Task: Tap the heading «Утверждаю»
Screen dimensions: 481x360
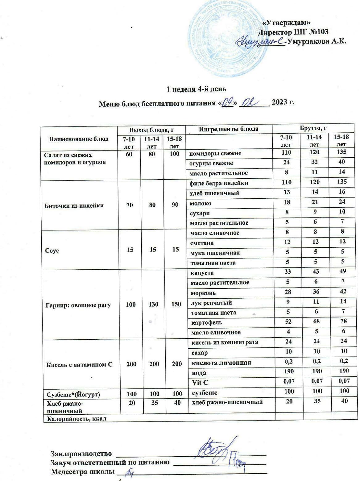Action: click(286, 23)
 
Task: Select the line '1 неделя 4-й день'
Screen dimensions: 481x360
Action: click(197, 89)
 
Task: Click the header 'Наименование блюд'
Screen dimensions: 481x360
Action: click(79, 139)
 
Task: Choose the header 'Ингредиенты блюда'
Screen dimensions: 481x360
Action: click(229, 129)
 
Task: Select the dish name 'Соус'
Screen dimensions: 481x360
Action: click(52, 250)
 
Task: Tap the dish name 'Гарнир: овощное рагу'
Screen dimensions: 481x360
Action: click(78, 305)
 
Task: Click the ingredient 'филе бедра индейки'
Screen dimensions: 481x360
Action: click(219, 183)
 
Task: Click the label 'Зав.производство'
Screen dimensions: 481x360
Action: click(81, 454)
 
